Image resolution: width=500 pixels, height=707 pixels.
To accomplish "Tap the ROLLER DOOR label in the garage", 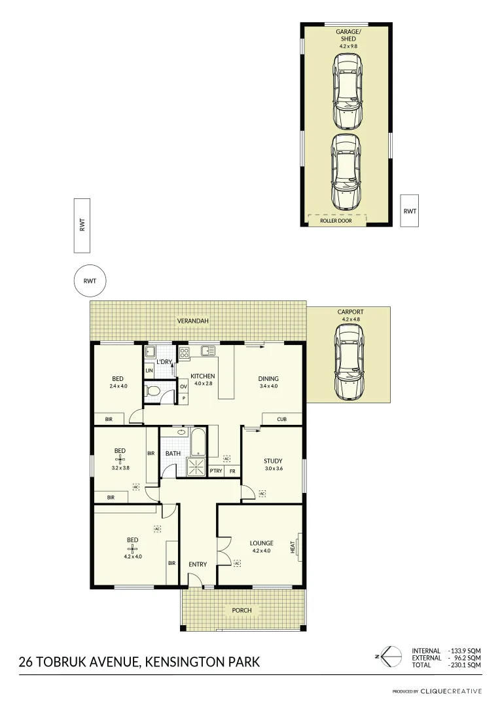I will point(336,221).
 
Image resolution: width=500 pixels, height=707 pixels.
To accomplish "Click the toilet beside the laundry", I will point(152,391).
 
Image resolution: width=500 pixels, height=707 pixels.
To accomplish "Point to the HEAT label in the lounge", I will point(293,546).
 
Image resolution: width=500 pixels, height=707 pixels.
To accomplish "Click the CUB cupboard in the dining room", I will point(282,419).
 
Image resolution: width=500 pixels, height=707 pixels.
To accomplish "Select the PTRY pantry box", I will point(216,471).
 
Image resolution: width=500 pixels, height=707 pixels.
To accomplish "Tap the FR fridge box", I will point(232,471).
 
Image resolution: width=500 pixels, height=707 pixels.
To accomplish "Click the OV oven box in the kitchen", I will point(184,387).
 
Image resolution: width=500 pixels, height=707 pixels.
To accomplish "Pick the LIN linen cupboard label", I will point(149,371).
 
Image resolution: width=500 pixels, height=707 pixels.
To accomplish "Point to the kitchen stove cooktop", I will point(184,353).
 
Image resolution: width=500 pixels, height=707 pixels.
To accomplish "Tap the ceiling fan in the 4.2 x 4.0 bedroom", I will point(132,549).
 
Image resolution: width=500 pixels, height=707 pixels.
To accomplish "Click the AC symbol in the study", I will point(262,494).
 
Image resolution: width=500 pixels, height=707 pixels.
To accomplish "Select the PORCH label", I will point(241,610).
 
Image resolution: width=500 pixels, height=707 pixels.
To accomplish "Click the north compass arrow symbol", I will point(391,656).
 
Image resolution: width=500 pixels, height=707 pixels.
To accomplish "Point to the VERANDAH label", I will point(192,321).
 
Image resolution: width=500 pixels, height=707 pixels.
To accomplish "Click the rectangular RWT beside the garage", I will point(410,211).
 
